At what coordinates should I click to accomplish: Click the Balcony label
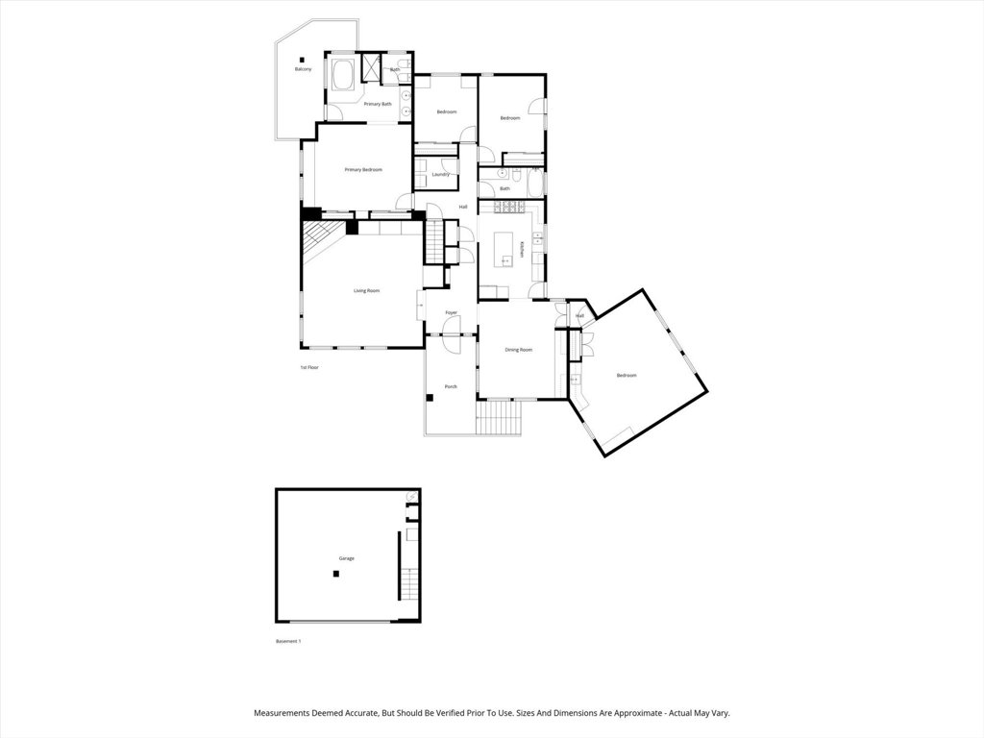pyautogui.click(x=303, y=69)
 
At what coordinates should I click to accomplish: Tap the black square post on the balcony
pyautogui.click(x=301, y=57)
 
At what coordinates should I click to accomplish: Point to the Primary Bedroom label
pyautogui.click(x=363, y=170)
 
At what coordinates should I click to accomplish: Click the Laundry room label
pyautogui.click(x=441, y=174)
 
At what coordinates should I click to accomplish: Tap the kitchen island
pyautogui.click(x=504, y=249)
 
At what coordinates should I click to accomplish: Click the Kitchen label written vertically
pyautogui.click(x=522, y=249)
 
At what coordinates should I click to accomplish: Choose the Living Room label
pyautogui.click(x=366, y=290)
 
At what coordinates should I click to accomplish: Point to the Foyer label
pyautogui.click(x=451, y=312)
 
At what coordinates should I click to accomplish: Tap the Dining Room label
pyautogui.click(x=518, y=350)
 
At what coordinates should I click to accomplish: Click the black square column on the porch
pyautogui.click(x=430, y=397)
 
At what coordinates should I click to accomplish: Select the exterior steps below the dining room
pyautogui.click(x=499, y=418)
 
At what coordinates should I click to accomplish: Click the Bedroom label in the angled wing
pyautogui.click(x=626, y=376)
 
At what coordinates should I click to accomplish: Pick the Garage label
pyautogui.click(x=346, y=558)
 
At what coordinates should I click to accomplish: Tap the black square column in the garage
pyautogui.click(x=336, y=574)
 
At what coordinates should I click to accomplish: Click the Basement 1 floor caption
pyautogui.click(x=288, y=641)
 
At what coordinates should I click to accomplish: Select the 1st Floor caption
pyautogui.click(x=308, y=367)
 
